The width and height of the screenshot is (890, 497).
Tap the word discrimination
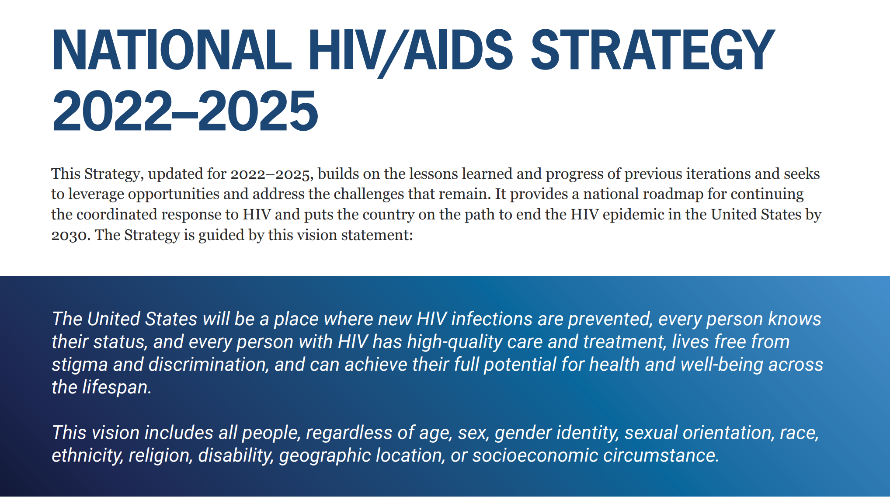coord(209,365)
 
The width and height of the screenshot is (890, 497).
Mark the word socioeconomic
coord(535,455)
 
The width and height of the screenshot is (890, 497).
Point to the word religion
coord(160,455)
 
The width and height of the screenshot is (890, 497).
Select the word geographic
coord(325,455)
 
